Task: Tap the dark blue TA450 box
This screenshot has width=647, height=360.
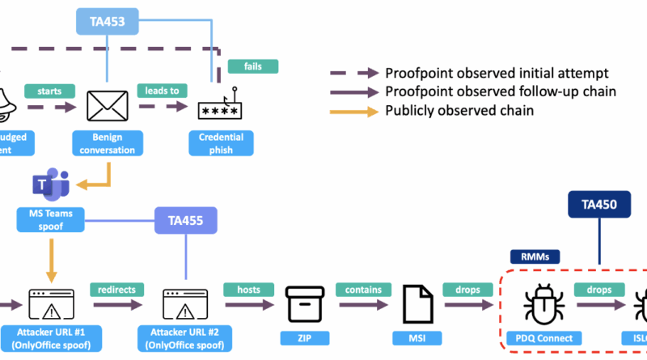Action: [598, 205]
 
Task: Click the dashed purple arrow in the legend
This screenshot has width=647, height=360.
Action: [353, 72]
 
